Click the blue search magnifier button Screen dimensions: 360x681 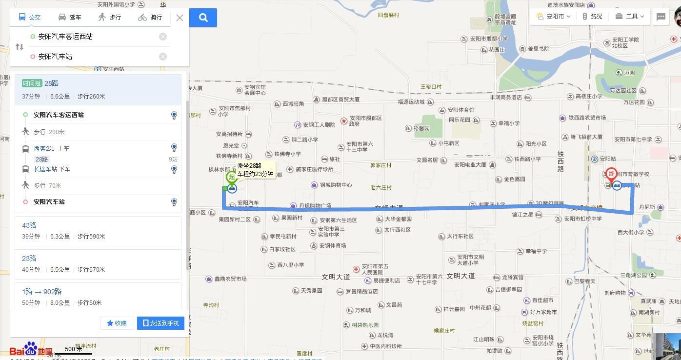coord(203,18)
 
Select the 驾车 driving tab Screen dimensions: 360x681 coord(70,18)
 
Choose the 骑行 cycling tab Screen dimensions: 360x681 coord(150,18)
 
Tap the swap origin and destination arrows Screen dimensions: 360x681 coord(20,47)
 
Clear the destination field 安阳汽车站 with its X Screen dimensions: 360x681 coord(163,57)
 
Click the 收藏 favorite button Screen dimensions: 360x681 coord(117,323)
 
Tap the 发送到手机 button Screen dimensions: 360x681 coord(160,323)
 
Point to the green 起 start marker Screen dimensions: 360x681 coord(232,178)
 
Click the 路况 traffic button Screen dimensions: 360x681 coord(592,17)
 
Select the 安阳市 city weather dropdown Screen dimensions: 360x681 coord(551,17)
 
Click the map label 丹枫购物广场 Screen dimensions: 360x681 coord(315,206)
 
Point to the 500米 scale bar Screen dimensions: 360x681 coord(73,350)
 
